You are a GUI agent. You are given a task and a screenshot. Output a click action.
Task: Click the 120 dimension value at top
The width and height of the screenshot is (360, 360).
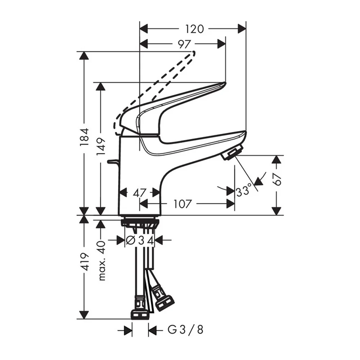[194, 29]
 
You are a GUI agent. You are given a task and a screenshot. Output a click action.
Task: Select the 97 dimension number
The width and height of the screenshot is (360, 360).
[184, 44]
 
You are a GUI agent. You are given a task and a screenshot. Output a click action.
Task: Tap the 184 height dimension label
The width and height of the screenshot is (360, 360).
[85, 137]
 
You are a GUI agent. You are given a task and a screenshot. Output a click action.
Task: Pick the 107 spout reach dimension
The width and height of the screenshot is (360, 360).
[182, 204]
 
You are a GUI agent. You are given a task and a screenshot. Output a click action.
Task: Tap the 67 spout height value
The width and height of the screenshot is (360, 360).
[277, 179]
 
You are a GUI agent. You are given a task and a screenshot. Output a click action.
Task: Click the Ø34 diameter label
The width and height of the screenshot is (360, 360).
[139, 240]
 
